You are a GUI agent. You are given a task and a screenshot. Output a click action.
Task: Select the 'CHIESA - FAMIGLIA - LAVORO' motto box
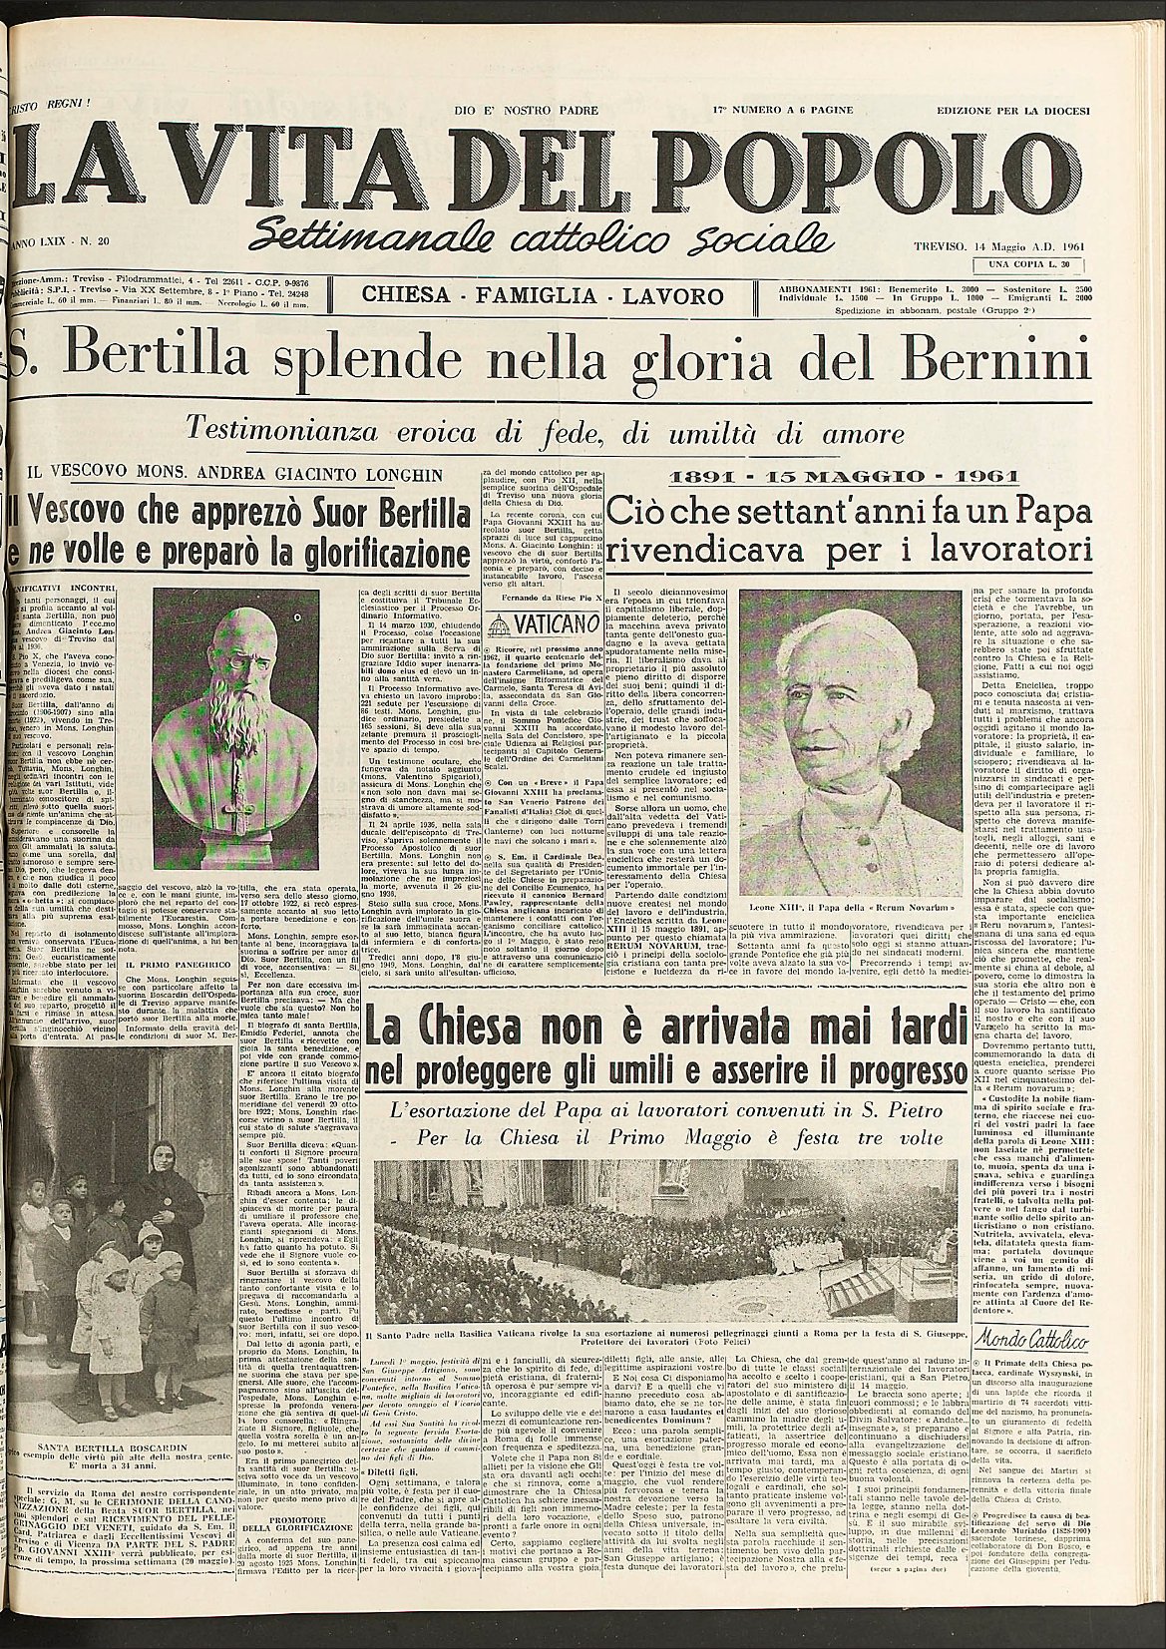coord(543,295)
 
